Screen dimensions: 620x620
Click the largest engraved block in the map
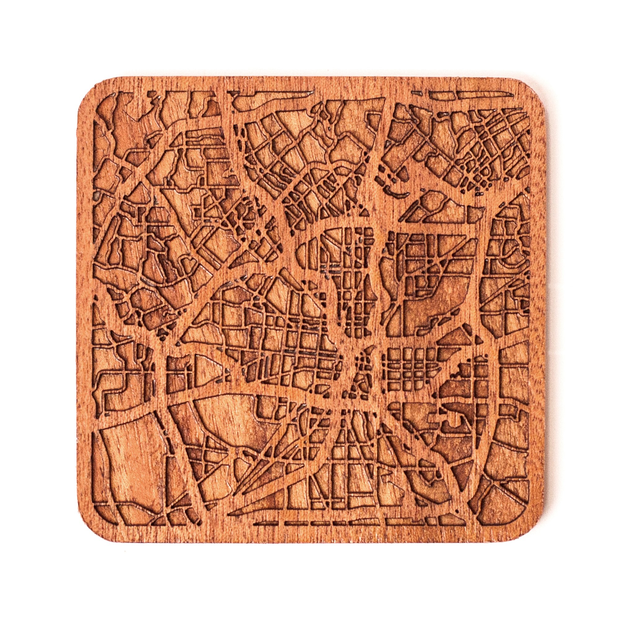click(131, 462)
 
